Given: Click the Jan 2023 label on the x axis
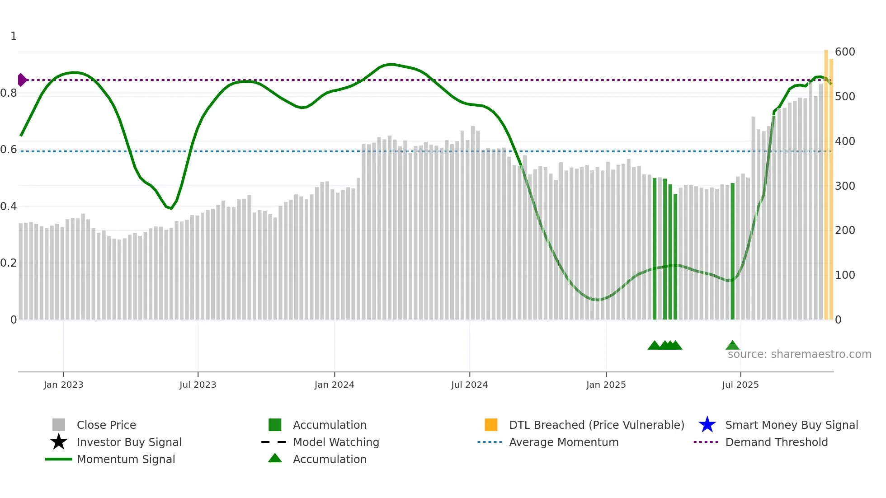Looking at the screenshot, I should pos(63,385).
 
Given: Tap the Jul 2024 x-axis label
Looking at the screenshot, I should pos(469,385).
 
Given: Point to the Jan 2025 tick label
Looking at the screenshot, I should pos(606,385).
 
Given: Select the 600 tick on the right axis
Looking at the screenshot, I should pos(845,52).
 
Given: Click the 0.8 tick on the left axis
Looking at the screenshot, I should pos(9,93).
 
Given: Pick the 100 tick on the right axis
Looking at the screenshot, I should pos(845,275).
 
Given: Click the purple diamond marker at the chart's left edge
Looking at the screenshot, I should pos(22,80).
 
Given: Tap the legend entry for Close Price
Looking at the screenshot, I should pos(106,425).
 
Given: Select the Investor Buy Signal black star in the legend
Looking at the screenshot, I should pos(59,442).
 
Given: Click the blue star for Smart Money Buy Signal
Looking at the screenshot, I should pos(707,425).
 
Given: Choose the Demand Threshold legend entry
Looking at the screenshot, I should pos(776,442).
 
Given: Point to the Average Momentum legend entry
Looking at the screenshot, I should pos(564,442).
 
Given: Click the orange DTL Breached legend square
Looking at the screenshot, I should pos(491,425).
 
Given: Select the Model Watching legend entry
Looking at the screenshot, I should pos(336,442).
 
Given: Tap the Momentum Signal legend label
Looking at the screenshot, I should pos(126,459).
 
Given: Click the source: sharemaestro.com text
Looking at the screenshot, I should pos(799,354).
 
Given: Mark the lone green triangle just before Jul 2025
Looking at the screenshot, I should pos(732,346).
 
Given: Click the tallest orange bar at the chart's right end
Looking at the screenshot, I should pos(826,181).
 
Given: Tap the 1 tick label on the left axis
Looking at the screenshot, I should pos(14,36).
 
